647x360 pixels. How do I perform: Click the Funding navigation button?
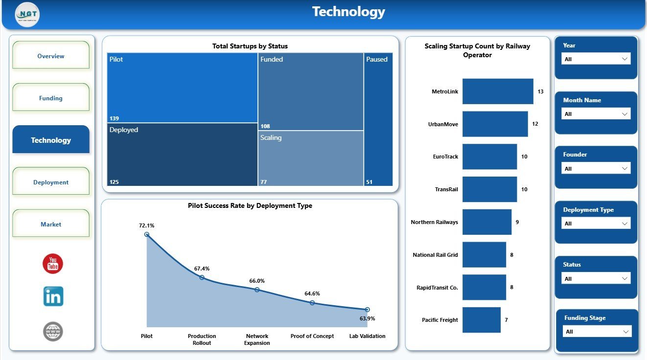point(51,97)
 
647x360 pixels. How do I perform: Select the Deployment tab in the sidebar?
point(51,181)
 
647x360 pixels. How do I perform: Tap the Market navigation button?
point(51,224)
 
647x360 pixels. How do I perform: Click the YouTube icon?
point(53,264)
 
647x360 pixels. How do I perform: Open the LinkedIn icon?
point(53,296)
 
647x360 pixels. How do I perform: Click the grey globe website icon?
point(53,332)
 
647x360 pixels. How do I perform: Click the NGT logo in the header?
point(27,15)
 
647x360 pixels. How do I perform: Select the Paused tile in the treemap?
point(378,119)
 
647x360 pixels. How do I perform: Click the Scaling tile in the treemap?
point(310,158)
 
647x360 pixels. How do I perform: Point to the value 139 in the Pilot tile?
point(114,118)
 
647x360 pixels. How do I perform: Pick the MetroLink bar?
point(498,91)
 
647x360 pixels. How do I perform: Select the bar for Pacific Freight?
point(481,320)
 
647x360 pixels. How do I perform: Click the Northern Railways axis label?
point(435,222)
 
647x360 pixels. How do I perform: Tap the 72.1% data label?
point(147,225)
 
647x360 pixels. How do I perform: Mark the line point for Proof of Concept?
point(312,303)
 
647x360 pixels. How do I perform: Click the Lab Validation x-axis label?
point(367,336)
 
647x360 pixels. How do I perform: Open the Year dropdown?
point(596,59)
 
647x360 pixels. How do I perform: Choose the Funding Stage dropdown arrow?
point(625,332)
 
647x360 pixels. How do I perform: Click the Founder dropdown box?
point(596,168)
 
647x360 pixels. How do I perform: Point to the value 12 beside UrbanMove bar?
point(535,124)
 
